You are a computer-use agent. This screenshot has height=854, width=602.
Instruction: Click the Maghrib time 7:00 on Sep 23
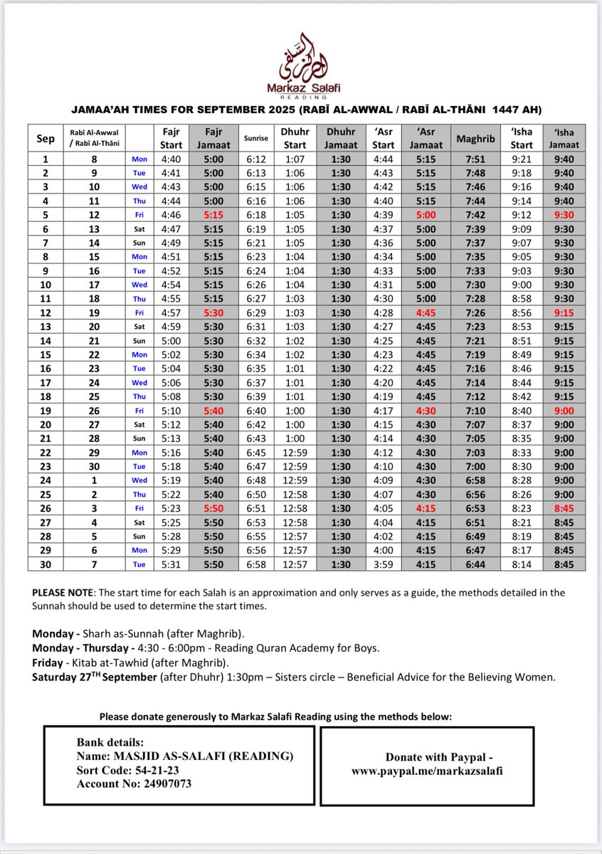470,466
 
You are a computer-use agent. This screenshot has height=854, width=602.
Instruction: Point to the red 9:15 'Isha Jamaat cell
559,312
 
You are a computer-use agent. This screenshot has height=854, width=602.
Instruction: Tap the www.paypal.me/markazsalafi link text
427,771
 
